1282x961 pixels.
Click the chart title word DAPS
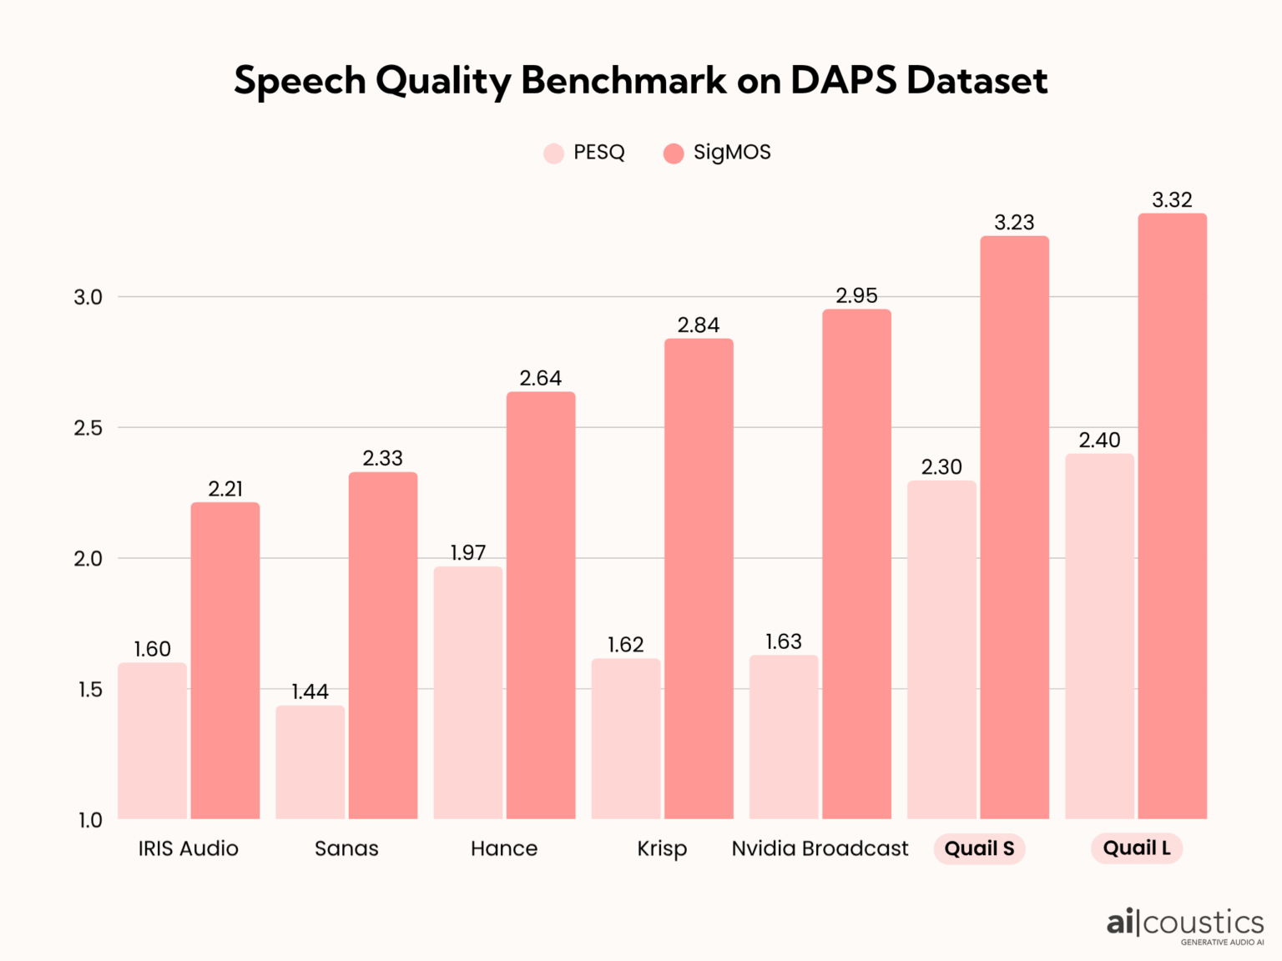842,81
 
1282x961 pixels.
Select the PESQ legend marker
553,153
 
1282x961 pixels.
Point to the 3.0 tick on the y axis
88,297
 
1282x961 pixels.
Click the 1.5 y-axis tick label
88,690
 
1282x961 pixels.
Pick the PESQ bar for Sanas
310,762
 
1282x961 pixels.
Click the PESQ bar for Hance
467,692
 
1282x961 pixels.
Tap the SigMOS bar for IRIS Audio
225,660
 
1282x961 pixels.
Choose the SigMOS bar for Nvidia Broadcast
856,564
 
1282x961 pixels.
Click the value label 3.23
1014,223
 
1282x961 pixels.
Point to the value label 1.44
310,692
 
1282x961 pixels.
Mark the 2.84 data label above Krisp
698,325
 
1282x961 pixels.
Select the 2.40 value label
1099,440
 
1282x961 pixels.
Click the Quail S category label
979,848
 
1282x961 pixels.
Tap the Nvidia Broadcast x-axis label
820,848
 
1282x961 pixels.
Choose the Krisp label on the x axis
662,848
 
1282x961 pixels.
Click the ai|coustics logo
1184,925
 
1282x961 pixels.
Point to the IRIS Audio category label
188,848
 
